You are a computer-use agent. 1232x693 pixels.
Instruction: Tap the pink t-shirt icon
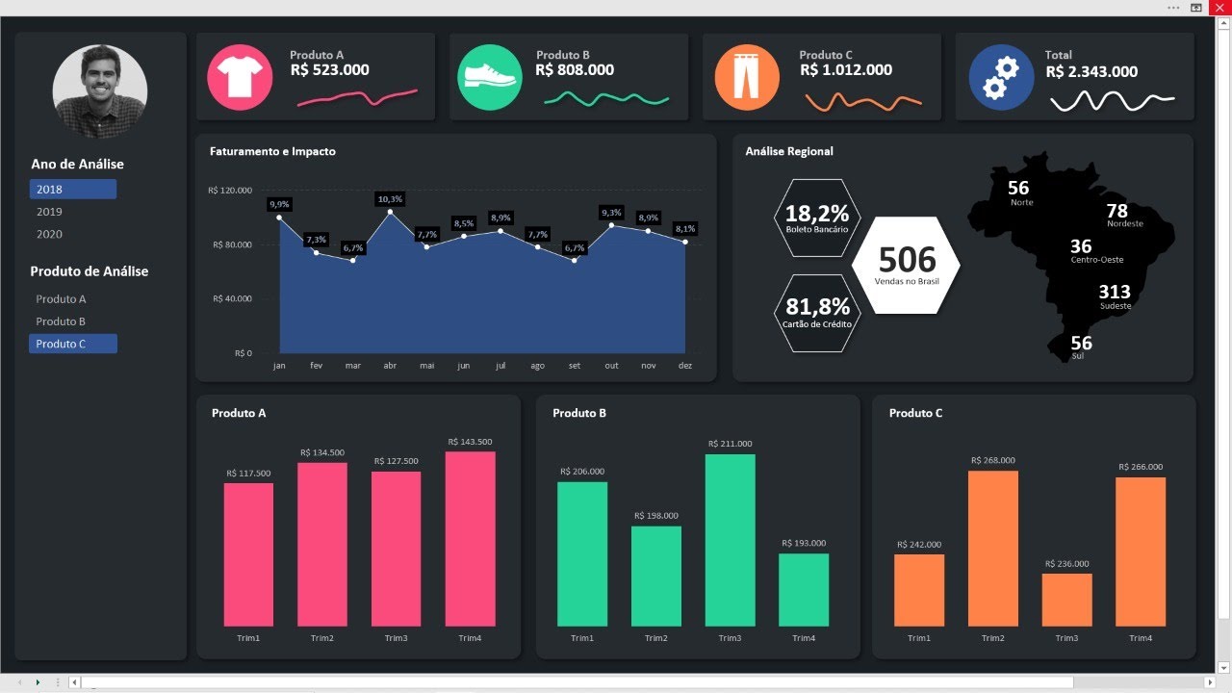[x=235, y=78]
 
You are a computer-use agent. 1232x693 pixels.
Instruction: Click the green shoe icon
[x=490, y=77]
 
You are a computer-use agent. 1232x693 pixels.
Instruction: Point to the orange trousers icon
[x=747, y=78]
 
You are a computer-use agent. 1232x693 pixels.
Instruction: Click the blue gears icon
[x=1001, y=78]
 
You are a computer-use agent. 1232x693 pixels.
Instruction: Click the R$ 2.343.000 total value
[x=1091, y=72]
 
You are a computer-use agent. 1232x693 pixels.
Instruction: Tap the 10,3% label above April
[x=390, y=199]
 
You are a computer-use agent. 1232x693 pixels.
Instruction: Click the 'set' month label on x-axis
[x=575, y=366]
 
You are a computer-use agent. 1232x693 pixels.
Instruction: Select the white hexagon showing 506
[x=906, y=265]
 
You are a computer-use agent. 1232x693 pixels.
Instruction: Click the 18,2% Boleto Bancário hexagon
[x=817, y=218]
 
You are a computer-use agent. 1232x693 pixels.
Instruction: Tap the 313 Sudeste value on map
[x=1115, y=293]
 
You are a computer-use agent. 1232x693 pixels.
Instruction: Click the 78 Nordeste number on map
[x=1116, y=212]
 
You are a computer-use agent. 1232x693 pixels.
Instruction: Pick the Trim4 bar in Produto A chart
[x=470, y=539]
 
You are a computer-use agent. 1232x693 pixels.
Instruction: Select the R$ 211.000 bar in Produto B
[x=730, y=540]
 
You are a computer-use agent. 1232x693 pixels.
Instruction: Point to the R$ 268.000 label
[x=992, y=460]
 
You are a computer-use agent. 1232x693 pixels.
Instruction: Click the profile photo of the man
[x=100, y=90]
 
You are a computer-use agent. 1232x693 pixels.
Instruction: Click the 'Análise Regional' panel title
[x=789, y=152]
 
